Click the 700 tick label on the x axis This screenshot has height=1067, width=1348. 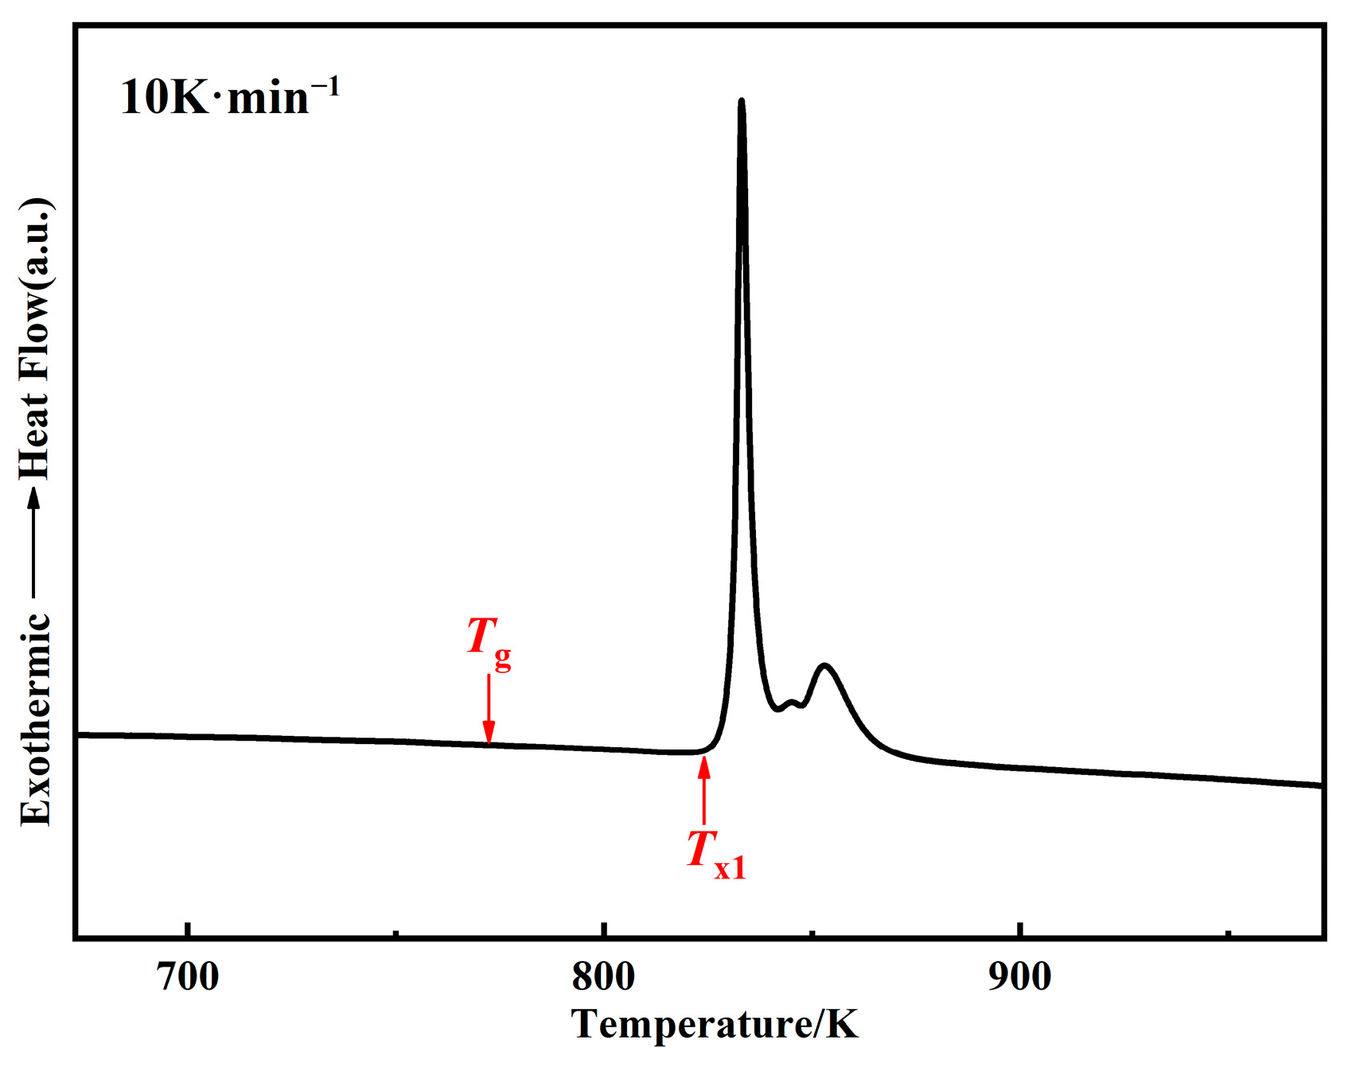189,976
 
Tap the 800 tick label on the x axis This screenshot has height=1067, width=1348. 604,976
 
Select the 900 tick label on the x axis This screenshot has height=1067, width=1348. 1020,976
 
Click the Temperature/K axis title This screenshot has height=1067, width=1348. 715,1025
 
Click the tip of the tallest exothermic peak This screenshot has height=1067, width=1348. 742,101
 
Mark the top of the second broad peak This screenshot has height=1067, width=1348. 825,665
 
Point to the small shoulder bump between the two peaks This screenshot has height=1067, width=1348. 791,702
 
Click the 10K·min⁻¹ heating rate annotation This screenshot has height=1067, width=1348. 230,97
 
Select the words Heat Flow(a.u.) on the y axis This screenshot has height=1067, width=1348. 36,338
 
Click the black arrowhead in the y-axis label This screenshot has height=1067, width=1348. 34,497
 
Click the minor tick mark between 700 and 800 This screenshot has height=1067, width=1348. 396,933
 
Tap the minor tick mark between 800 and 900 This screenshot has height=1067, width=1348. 812,933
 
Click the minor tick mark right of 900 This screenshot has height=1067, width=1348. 1228,933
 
